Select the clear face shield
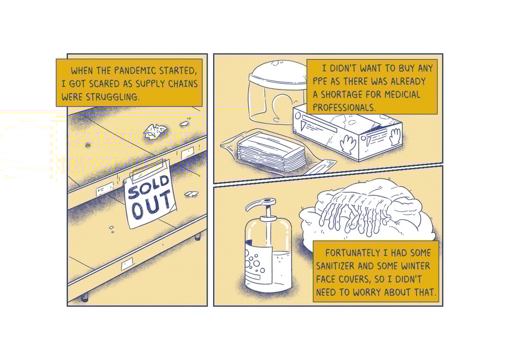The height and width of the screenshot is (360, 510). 277,92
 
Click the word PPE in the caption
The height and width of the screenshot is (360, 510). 320,81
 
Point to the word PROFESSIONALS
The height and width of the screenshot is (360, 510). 344,108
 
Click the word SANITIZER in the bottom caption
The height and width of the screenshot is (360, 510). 335,266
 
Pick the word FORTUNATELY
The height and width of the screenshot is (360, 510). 353,253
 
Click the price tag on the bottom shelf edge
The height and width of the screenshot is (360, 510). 127,264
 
